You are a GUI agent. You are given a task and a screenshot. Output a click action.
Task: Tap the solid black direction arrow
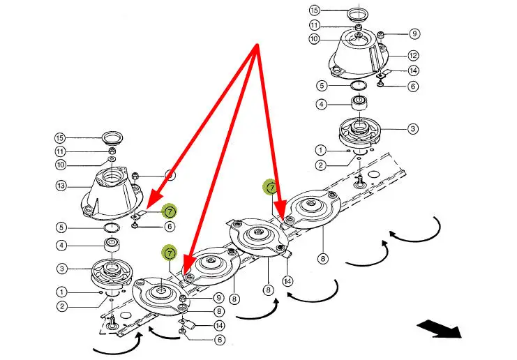pyautogui.click(x=439, y=329)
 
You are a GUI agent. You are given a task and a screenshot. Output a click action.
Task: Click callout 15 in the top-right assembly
pyautogui.click(x=315, y=11)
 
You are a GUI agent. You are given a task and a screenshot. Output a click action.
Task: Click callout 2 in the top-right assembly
pyautogui.click(x=320, y=165)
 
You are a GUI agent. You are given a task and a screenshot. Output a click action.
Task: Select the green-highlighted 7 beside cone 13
pyautogui.click(x=170, y=211)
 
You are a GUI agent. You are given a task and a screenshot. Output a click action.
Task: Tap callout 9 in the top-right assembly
pyautogui.click(x=414, y=33)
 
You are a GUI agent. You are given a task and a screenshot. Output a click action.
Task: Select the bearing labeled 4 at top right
pyautogui.click(x=360, y=105)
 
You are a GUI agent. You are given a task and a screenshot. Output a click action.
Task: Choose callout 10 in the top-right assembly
pyautogui.click(x=315, y=39)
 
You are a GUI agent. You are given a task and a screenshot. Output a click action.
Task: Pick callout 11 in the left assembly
pyautogui.click(x=61, y=151)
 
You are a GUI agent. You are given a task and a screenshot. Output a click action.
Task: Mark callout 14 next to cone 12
pyautogui.click(x=414, y=71)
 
